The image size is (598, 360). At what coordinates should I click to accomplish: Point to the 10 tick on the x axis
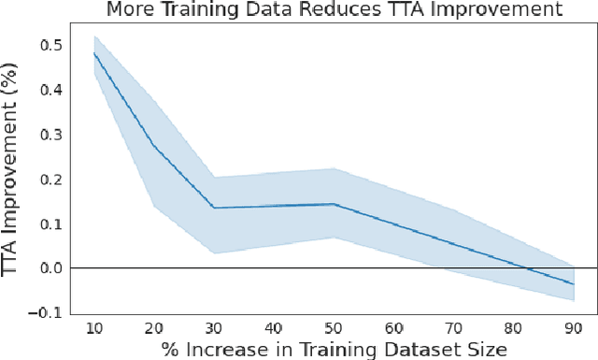click(95, 327)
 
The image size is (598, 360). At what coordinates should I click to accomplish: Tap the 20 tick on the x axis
click(155, 327)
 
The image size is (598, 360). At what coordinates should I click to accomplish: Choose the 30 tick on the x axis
click(214, 327)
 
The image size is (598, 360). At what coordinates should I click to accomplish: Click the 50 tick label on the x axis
click(334, 327)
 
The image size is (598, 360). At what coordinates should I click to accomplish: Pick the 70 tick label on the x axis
click(453, 327)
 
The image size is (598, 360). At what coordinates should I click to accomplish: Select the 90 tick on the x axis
click(573, 327)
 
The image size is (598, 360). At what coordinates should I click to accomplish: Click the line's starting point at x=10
click(95, 53)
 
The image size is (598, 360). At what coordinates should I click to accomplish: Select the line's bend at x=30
click(214, 208)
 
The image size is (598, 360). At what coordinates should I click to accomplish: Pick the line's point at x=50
click(334, 204)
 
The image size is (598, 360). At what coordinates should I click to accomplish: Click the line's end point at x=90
click(573, 284)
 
